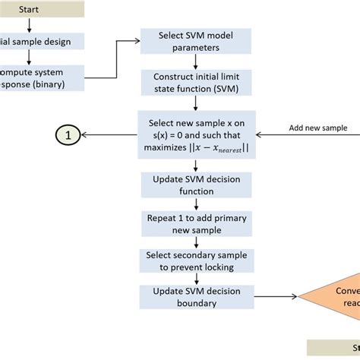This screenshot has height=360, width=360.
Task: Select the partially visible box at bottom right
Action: [x=334, y=348]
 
